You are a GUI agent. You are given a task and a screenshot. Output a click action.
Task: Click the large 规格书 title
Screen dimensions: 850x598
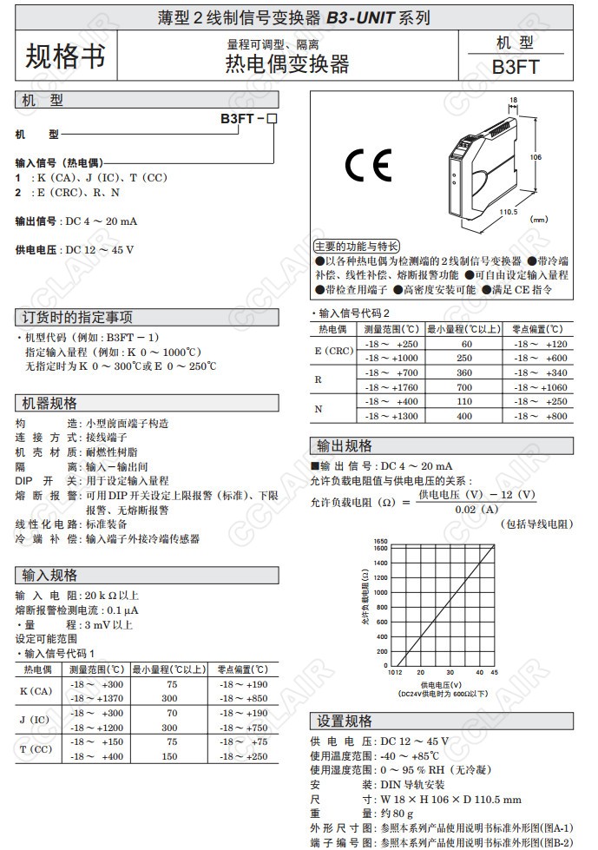65,56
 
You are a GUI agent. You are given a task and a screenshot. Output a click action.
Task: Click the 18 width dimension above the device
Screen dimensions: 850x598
513,101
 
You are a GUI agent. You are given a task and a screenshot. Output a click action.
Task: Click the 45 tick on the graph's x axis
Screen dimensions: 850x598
494,672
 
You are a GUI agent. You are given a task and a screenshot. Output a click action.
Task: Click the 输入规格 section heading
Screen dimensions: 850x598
51,575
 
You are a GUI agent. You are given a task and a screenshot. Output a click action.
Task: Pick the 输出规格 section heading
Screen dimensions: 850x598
345,446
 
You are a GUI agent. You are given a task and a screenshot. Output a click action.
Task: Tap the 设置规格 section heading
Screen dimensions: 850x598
345,722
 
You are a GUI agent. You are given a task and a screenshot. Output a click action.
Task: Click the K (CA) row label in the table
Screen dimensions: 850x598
36,691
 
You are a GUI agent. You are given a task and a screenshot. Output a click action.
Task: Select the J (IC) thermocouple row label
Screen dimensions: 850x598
36,720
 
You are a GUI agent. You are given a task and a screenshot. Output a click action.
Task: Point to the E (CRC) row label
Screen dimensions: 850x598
334,351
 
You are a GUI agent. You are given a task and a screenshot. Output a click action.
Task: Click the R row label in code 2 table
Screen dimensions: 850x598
319,380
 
